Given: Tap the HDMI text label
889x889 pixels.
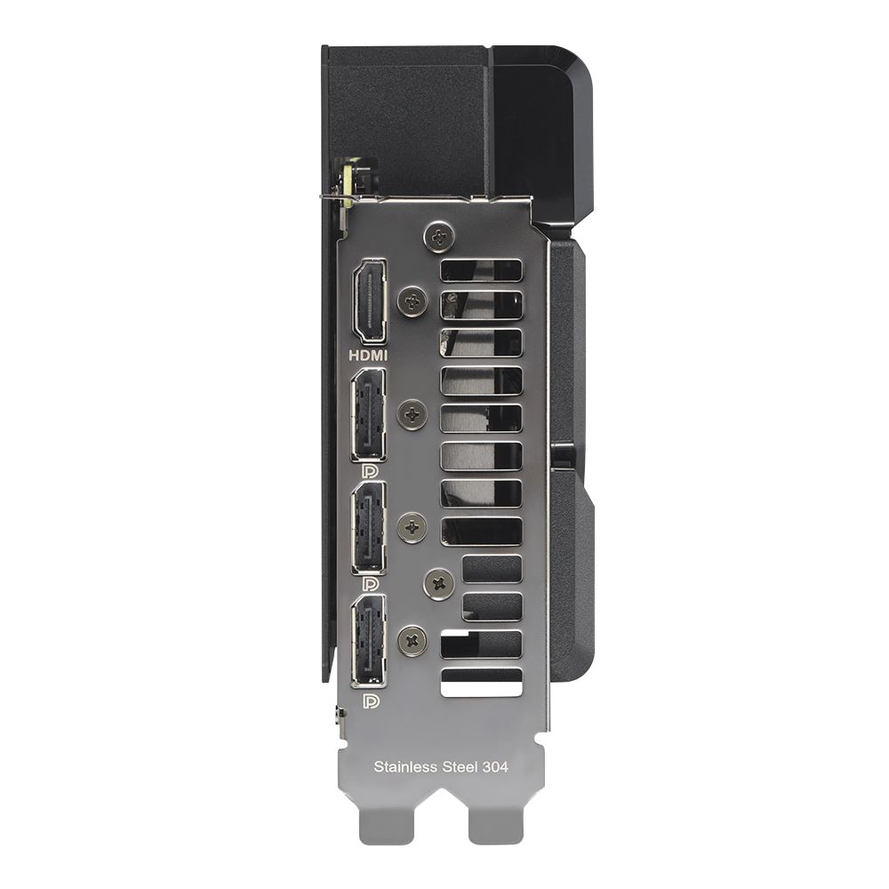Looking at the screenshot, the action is pyautogui.click(x=368, y=356).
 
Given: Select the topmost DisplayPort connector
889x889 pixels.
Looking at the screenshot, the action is pyautogui.click(x=369, y=415).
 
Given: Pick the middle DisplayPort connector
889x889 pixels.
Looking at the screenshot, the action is pyautogui.click(x=369, y=528).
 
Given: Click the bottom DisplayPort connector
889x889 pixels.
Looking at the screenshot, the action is pyautogui.click(x=369, y=641).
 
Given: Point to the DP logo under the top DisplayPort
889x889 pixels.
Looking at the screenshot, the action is pyautogui.click(x=370, y=472).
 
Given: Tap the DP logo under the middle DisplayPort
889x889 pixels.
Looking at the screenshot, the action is pyautogui.click(x=370, y=584).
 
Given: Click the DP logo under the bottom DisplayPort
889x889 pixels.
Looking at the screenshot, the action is pyautogui.click(x=370, y=701).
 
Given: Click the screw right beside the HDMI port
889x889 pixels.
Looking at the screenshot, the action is pyautogui.click(x=413, y=300).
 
